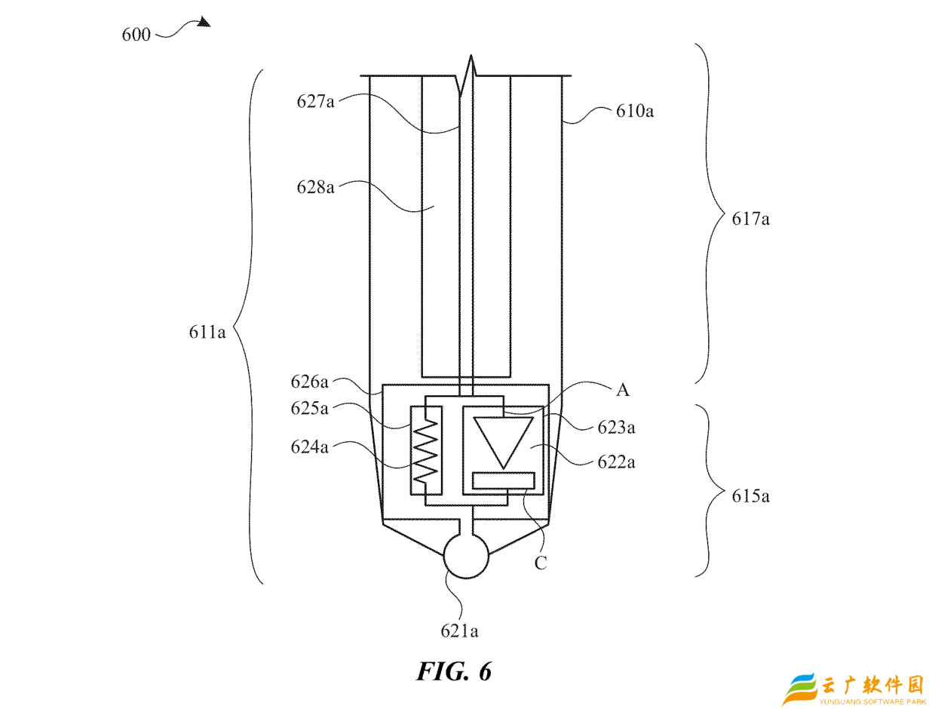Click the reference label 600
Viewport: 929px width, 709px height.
pyautogui.click(x=136, y=34)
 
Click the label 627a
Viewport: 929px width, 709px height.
pyautogui.click(x=315, y=102)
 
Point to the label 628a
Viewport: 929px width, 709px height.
pyautogui.click(x=315, y=187)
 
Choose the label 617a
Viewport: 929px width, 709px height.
pyautogui.click(x=750, y=219)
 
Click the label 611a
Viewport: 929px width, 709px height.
pyautogui.click(x=207, y=331)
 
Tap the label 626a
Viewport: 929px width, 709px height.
pyautogui.click(x=310, y=382)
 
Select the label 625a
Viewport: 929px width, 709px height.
pyautogui.click(x=310, y=408)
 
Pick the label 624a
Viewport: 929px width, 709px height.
pyautogui.click(x=310, y=448)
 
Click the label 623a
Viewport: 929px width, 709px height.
pyautogui.click(x=616, y=427)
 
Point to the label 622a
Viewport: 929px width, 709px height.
pyautogui.click(x=616, y=462)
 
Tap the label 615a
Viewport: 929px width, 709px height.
pyautogui.click(x=750, y=496)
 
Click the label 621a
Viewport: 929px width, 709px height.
pyautogui.click(x=460, y=631)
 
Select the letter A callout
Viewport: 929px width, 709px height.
pyautogui.click(x=622, y=390)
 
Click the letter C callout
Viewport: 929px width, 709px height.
pyautogui.click(x=541, y=562)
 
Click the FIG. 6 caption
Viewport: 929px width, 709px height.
pyautogui.click(x=454, y=671)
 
